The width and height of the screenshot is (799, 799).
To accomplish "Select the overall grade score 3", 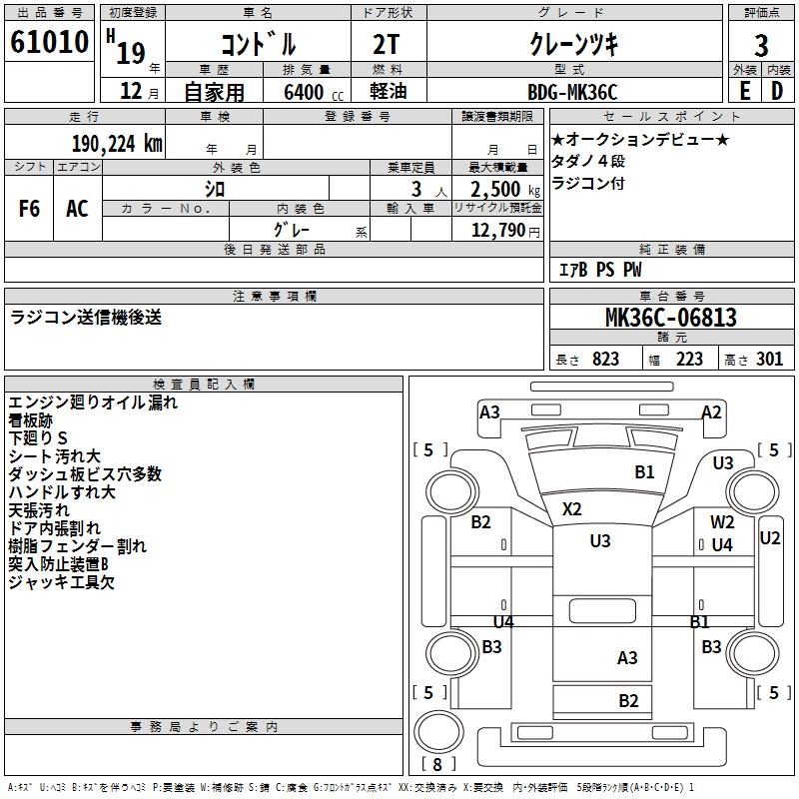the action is pos(761,45).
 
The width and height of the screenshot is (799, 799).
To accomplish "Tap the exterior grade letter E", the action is pos(744,90).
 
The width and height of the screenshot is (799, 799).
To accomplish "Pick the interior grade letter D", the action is pos(777,90).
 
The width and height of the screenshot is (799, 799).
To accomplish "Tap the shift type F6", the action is pos(29,208).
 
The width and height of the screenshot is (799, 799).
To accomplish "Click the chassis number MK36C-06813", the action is pos(671,318).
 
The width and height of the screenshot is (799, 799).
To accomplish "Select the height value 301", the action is pos(769,360).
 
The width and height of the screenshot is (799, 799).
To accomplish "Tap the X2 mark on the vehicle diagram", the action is pos(571,508).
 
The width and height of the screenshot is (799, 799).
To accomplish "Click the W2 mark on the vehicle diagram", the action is pos(722,522).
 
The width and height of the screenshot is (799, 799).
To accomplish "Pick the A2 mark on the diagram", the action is pos(711,411).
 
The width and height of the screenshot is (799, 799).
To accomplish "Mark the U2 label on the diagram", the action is pos(770,537).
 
